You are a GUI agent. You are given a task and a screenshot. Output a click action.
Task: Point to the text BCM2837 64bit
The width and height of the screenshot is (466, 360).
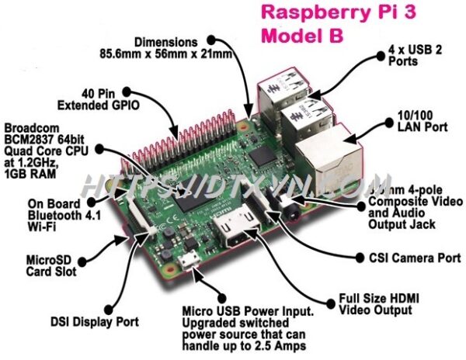[41, 140]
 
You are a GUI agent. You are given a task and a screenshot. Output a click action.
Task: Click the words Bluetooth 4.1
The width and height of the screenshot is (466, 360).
[37, 214]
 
